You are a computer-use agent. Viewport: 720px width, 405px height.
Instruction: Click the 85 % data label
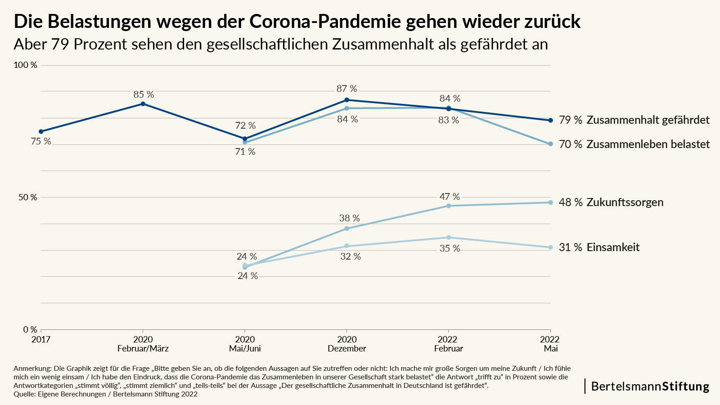tap(144, 94)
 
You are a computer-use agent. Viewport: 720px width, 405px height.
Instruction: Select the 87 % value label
tap(346, 89)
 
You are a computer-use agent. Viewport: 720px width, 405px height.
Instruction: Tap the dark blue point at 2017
tap(41, 131)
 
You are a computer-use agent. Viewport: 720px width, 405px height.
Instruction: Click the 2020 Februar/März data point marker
tap(143, 104)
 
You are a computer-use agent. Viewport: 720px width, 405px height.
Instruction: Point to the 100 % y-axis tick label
tap(26, 65)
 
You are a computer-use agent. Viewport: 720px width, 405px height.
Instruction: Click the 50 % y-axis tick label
tap(27, 198)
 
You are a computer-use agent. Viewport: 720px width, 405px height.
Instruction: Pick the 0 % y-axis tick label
tap(30, 330)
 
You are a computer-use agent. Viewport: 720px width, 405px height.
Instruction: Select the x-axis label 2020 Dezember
tap(346, 344)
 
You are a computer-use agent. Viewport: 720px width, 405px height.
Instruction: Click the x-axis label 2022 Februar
tap(448, 344)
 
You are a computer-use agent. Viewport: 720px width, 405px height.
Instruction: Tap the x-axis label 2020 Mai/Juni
tap(245, 344)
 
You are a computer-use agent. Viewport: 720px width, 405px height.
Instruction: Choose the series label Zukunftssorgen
tap(625, 202)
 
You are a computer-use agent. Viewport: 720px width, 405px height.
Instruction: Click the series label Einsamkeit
tap(613, 247)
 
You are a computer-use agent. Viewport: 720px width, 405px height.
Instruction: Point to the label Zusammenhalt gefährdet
tap(648, 120)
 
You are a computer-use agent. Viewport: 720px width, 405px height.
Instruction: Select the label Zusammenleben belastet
tap(648, 144)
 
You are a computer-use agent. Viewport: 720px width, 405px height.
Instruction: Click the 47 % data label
tap(450, 197)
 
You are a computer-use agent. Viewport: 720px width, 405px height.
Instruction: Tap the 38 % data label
tap(349, 218)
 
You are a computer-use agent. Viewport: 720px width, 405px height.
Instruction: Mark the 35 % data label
tap(450, 248)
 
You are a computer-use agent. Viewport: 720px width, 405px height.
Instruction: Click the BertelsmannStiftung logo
tap(650, 386)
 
